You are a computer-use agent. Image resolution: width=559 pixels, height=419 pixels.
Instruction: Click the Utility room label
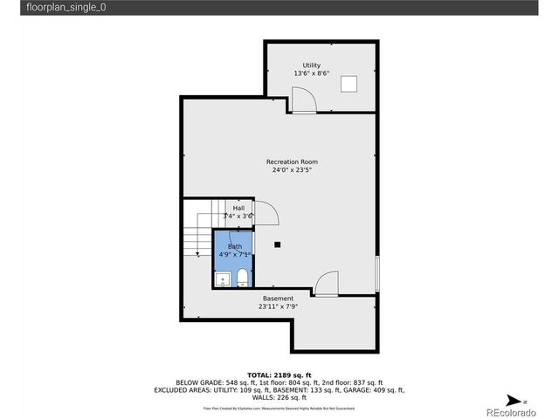pyautogui.click(x=311, y=65)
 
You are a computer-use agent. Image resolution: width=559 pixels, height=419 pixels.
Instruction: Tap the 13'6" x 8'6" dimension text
pyautogui.click(x=311, y=74)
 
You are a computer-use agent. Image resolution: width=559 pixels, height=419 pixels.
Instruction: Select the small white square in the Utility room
pyautogui.click(x=349, y=83)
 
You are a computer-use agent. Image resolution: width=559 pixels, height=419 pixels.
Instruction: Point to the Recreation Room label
pyautogui.click(x=292, y=161)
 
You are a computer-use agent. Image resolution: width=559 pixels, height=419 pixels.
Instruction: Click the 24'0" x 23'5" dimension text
pyautogui.click(x=292, y=170)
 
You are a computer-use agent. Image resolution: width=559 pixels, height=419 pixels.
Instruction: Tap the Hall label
pyautogui.click(x=238, y=208)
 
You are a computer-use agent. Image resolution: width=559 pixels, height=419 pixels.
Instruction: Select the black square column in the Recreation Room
pyautogui.click(x=277, y=244)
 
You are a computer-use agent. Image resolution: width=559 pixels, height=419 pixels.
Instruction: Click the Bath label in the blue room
pyautogui.click(x=235, y=246)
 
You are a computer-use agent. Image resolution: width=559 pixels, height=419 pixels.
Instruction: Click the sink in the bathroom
pyautogui.click(x=222, y=279)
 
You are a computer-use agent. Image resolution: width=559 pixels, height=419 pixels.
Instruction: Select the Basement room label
pyautogui.click(x=279, y=299)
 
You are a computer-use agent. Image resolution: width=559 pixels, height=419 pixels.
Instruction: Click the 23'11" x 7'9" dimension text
pyautogui.click(x=279, y=306)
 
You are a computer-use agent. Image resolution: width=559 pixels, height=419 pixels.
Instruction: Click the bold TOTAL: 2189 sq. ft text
pyautogui.click(x=279, y=374)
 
